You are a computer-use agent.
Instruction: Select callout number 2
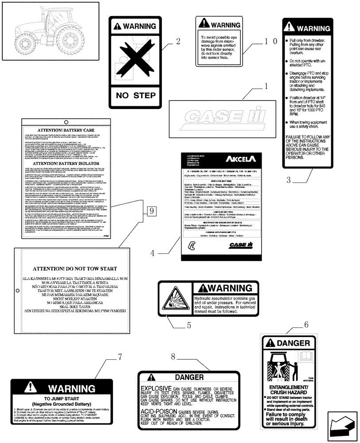(x=178, y=42)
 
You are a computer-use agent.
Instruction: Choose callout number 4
(x=152, y=253)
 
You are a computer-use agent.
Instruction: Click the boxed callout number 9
(x=151, y=211)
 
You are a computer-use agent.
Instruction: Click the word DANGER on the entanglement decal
(x=293, y=343)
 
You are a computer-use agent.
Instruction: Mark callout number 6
(x=306, y=324)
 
